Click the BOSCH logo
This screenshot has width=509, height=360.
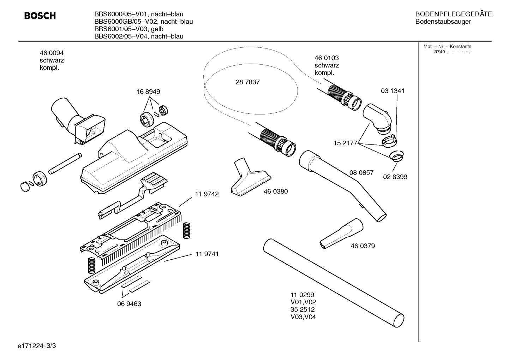40,16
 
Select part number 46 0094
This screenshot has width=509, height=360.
52,53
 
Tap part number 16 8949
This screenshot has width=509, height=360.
148,92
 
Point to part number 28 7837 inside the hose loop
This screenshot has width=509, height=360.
247,82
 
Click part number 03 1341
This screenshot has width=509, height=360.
393,91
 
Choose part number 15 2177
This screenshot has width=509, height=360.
345,143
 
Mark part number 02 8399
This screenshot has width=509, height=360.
395,177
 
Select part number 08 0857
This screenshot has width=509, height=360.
361,173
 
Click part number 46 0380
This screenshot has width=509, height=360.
276,191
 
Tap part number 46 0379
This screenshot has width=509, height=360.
363,246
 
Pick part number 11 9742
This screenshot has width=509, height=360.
207,194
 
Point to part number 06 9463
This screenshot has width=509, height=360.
129,304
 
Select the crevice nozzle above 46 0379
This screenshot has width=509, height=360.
341,234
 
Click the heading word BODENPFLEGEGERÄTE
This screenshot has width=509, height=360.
454,14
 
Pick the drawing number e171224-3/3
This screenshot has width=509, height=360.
37,346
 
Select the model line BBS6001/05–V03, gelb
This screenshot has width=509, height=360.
129,29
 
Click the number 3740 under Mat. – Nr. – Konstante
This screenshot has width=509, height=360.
439,52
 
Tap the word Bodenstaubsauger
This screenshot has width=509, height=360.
443,22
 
